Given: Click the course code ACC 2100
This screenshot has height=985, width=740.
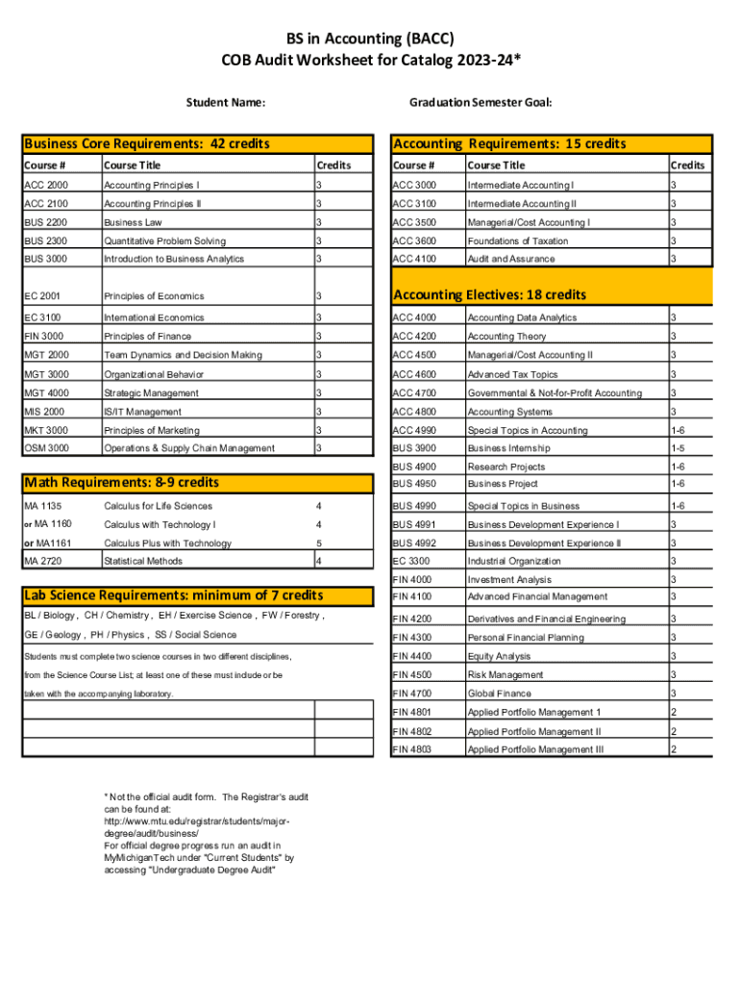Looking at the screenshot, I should (x=45, y=204).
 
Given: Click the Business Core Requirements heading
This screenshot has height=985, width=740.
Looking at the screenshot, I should (x=147, y=144).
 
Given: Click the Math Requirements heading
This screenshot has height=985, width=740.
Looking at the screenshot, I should (x=122, y=482).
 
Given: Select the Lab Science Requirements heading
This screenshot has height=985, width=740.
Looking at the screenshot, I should (x=173, y=596).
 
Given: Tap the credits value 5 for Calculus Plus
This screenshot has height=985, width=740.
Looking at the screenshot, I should (x=319, y=543).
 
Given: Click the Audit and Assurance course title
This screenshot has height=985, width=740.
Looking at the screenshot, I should (x=510, y=259).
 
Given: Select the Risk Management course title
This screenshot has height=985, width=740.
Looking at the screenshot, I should (x=505, y=675).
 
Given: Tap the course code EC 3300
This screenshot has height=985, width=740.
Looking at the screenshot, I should (x=412, y=561).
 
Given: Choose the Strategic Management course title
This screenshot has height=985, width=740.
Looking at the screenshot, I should (x=151, y=393).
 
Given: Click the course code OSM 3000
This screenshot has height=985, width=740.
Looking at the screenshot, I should (x=46, y=448).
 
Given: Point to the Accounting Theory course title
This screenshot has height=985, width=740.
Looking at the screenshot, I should (x=506, y=337).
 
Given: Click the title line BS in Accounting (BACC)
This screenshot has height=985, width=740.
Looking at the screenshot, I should (x=370, y=38).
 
